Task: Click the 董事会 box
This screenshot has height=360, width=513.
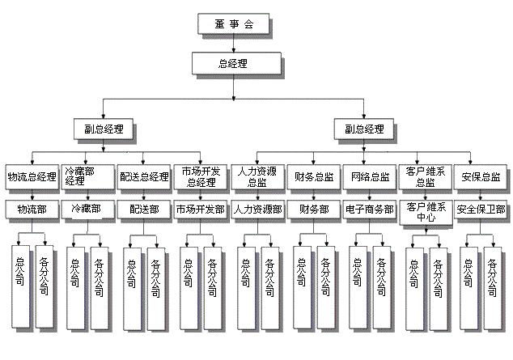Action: coord(235,23)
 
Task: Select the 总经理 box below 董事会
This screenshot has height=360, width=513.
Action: coord(233,63)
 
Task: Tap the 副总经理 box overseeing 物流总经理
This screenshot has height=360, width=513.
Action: coord(102,129)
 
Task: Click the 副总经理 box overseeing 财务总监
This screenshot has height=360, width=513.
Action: coord(364,129)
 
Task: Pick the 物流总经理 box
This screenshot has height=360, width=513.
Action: coord(32,176)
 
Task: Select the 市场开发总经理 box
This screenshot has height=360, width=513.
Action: coord(198,176)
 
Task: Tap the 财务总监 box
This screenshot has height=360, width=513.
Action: coord(312,176)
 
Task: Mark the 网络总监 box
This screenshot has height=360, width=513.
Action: coord(369,176)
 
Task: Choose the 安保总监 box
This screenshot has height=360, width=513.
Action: coord(481,176)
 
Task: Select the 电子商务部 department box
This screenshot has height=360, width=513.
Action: coord(369,209)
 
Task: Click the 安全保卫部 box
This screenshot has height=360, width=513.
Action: coord(481,209)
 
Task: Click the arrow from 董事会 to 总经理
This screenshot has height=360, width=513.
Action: coord(234,44)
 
